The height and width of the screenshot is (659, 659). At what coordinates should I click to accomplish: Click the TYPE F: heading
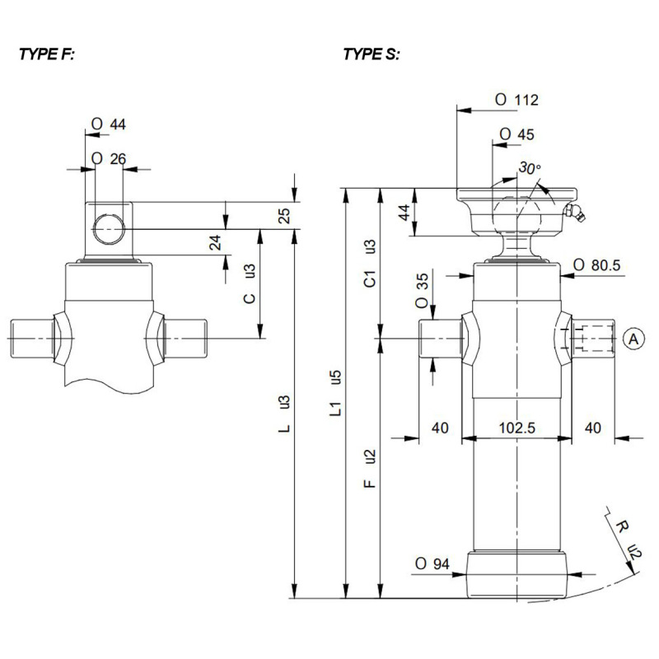tap(47, 55)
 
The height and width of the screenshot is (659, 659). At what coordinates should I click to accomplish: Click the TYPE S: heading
tap(372, 55)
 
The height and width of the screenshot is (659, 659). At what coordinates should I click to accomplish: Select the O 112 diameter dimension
tap(516, 100)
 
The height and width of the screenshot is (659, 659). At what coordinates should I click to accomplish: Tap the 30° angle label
tap(530, 168)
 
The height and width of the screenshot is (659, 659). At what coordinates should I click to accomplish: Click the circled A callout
tap(632, 338)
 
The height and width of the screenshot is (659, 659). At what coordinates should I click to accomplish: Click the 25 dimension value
tap(284, 215)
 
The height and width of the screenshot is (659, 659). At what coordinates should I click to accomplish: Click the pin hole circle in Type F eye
tap(108, 228)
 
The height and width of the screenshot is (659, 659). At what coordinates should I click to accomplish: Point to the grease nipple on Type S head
tap(574, 214)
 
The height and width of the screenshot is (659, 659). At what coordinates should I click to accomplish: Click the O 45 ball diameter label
tap(517, 134)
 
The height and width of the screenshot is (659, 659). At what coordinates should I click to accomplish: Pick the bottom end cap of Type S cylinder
tap(516, 575)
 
